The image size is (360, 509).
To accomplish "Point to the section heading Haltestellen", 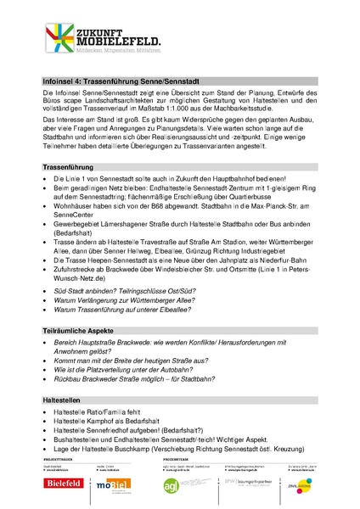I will tap(64, 399).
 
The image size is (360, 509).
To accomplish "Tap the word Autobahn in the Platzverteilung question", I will tap(200, 368).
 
